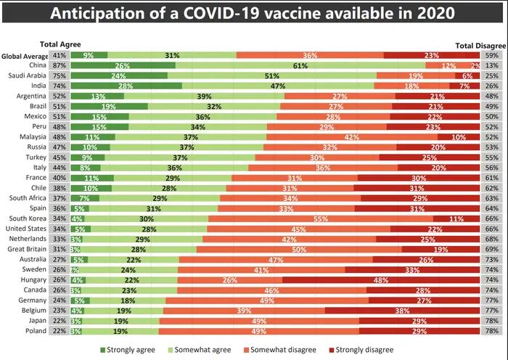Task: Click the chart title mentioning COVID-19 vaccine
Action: click(253, 14)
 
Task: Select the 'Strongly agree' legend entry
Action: click(131, 349)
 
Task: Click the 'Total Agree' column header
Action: click(60, 45)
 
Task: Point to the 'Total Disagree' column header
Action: click(480, 45)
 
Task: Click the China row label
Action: click(38, 65)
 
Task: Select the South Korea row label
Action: click(29, 218)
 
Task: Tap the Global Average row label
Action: click(25, 55)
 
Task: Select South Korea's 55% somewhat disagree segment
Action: click(321, 218)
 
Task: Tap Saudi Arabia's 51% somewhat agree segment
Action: click(272, 75)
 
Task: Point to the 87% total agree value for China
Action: click(60, 65)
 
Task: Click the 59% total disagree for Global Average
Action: click(491, 55)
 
